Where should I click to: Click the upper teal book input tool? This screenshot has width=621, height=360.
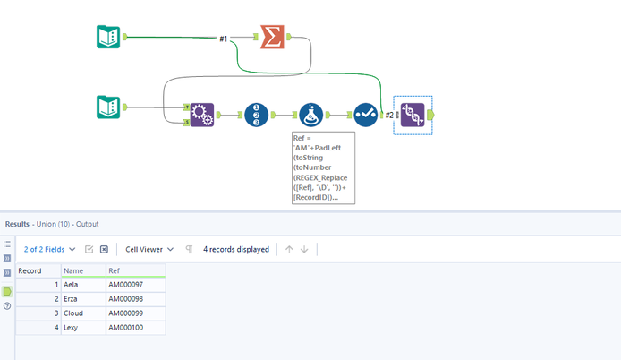coord(108,37)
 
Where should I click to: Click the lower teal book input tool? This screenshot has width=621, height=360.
coord(108,107)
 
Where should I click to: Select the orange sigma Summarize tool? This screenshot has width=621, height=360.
coord(273,37)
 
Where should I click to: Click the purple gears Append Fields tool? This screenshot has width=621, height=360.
coord(201,115)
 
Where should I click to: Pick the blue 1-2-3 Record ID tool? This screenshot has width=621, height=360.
coord(257,115)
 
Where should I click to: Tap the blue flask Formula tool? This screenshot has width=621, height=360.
coord(310,115)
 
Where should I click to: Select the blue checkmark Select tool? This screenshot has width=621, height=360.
coord(365,115)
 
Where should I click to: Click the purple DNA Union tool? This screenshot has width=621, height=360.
coord(413,115)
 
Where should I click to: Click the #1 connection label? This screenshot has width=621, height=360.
coord(224,39)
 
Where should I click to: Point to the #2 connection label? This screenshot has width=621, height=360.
coord(388,115)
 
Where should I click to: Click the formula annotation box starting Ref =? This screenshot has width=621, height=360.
coord(323,167)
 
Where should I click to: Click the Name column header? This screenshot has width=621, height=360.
coord(73,270)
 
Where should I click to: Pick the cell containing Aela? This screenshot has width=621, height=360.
coord(72,285)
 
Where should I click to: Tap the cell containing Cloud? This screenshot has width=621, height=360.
coord(74,313)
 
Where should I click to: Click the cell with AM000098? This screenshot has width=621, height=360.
coord(124,299)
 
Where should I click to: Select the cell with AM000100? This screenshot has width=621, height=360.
coord(124,329)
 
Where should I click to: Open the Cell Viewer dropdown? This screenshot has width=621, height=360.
coord(149,249)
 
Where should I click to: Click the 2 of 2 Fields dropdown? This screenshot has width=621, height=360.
coord(50,249)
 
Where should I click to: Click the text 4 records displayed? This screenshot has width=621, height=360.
coord(236,249)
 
